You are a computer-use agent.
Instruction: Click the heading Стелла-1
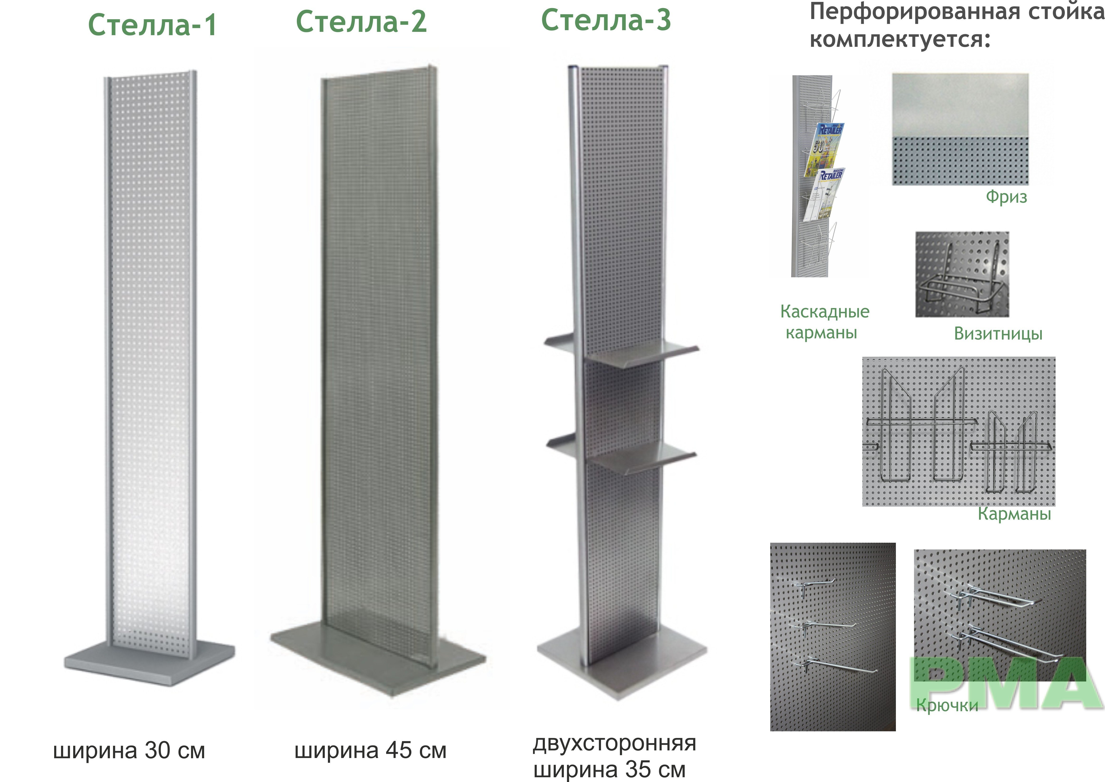tap(152, 25)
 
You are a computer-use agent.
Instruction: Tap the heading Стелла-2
tap(361, 22)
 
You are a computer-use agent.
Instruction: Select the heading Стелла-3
tap(606, 20)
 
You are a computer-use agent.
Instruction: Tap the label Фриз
tap(1006, 197)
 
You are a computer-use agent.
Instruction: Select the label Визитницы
tap(998, 333)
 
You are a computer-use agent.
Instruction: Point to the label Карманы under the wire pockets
tap(1014, 514)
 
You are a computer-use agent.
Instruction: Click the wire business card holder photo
tap(962, 274)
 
